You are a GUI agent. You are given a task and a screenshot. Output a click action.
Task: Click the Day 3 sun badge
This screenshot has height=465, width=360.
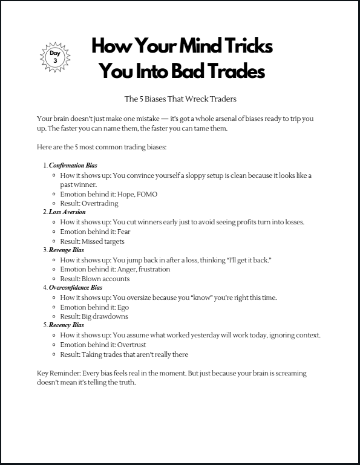click(54, 57)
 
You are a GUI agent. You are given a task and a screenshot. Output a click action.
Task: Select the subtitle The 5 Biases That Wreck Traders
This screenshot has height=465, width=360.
click(179, 99)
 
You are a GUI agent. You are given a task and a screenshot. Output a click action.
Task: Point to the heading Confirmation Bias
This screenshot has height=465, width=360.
click(73, 165)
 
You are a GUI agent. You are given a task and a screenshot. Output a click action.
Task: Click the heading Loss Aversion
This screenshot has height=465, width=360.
click(67, 212)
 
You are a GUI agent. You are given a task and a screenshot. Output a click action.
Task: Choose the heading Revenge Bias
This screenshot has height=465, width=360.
click(67, 250)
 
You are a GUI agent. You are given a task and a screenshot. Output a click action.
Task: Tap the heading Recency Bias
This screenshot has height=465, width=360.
click(67, 325)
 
